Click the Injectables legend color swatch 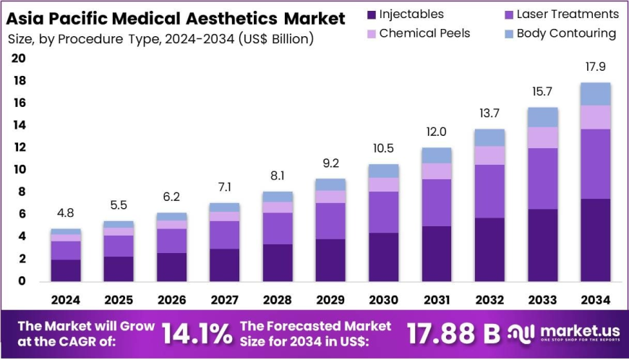click(x=372, y=14)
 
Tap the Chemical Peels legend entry click(x=424, y=33)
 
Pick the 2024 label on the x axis click(x=66, y=299)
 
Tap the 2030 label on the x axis click(x=384, y=299)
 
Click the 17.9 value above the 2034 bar click(x=596, y=67)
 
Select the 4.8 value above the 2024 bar click(x=66, y=214)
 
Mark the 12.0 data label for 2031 click(x=437, y=132)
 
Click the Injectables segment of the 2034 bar click(x=596, y=240)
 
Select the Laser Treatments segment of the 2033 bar click(x=542, y=179)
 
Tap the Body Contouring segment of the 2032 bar click(x=489, y=137)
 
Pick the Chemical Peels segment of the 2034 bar click(x=596, y=117)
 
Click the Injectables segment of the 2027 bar click(x=225, y=265)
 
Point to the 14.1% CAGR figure click(x=197, y=333)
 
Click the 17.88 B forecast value click(x=453, y=333)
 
